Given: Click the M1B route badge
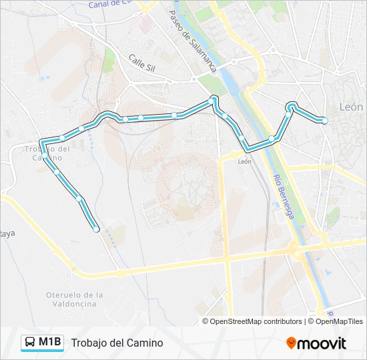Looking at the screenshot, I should pyautogui.click(x=43, y=343).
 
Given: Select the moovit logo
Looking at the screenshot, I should pyautogui.click(x=316, y=343).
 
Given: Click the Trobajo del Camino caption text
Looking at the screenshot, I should pyautogui.click(x=117, y=343).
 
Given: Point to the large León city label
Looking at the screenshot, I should pyautogui.click(x=351, y=107).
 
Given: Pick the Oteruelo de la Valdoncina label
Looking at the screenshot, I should pyautogui.click(x=75, y=299).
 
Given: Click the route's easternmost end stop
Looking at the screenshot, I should pyautogui.click(x=325, y=121).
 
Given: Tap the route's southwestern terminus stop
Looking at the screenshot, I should pyautogui.click(x=97, y=229).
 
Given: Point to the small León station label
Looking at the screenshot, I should pyautogui.click(x=244, y=161).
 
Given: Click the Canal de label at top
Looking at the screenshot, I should pyautogui.click(x=110, y=4).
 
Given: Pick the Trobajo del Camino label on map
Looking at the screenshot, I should pyautogui.click(x=47, y=153).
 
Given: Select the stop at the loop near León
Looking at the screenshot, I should pyautogui.click(x=292, y=105).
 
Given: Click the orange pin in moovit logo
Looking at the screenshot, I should pyautogui.click(x=291, y=343).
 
